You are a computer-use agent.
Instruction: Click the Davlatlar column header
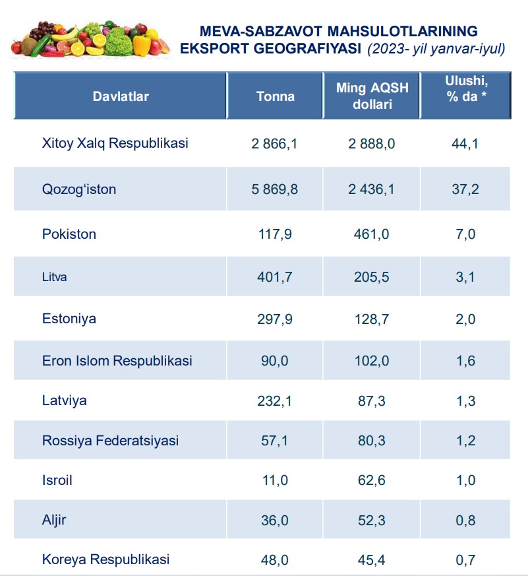pos(121,96)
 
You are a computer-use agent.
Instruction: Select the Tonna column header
pos(276,96)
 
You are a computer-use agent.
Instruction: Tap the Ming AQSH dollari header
pos(372,96)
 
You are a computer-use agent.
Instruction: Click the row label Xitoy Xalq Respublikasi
pos(115,143)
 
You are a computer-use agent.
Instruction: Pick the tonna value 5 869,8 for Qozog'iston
pos(275,189)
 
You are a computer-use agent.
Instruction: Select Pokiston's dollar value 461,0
pos(372,234)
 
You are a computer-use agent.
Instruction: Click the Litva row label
pos(55,277)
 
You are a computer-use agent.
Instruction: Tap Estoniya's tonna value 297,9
pos(275,319)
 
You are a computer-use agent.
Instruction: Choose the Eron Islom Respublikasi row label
pos(117,361)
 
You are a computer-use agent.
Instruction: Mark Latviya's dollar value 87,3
pos(372,400)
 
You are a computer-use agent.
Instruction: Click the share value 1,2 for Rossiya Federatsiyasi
pos(465,441)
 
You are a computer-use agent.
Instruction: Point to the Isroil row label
pos(57,480)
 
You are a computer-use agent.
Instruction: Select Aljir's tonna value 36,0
pos(275,520)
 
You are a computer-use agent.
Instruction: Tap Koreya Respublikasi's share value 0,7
pos(465,560)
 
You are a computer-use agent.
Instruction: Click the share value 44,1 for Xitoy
pos(465,143)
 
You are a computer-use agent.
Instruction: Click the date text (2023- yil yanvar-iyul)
pos(436,48)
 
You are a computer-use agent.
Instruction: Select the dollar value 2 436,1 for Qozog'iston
pos(372,189)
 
